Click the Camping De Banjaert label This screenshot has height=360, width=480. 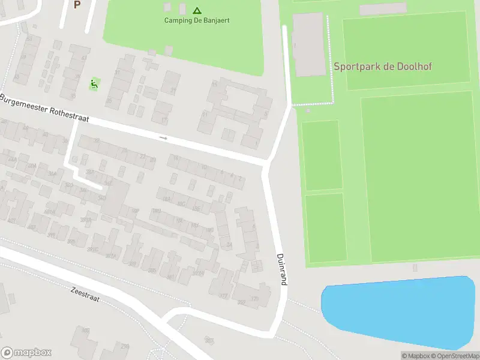point(197,20)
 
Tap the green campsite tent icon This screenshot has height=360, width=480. point(197,10)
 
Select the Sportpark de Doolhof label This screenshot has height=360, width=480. point(382,67)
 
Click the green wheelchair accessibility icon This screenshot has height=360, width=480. point(94,85)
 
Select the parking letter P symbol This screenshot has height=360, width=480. point(77,5)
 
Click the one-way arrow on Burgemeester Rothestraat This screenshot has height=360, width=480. point(163,138)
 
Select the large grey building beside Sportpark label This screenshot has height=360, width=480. point(309,45)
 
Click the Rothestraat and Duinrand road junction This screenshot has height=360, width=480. point(266,163)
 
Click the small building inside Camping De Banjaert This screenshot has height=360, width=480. point(181,8)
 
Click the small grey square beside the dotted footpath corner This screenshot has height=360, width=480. point(308,110)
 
